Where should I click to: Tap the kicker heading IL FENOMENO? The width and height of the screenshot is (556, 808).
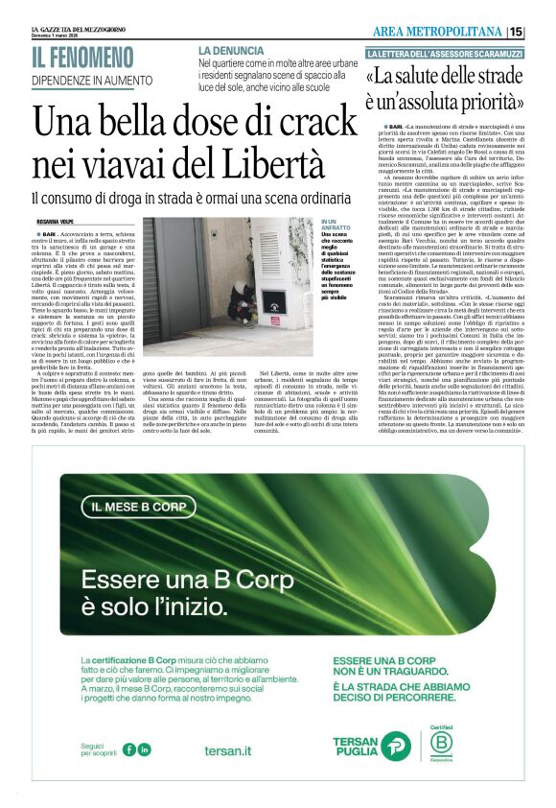tap(82, 58)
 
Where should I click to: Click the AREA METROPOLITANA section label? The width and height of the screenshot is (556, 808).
tap(444, 32)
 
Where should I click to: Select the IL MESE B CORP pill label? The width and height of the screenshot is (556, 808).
tap(140, 506)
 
